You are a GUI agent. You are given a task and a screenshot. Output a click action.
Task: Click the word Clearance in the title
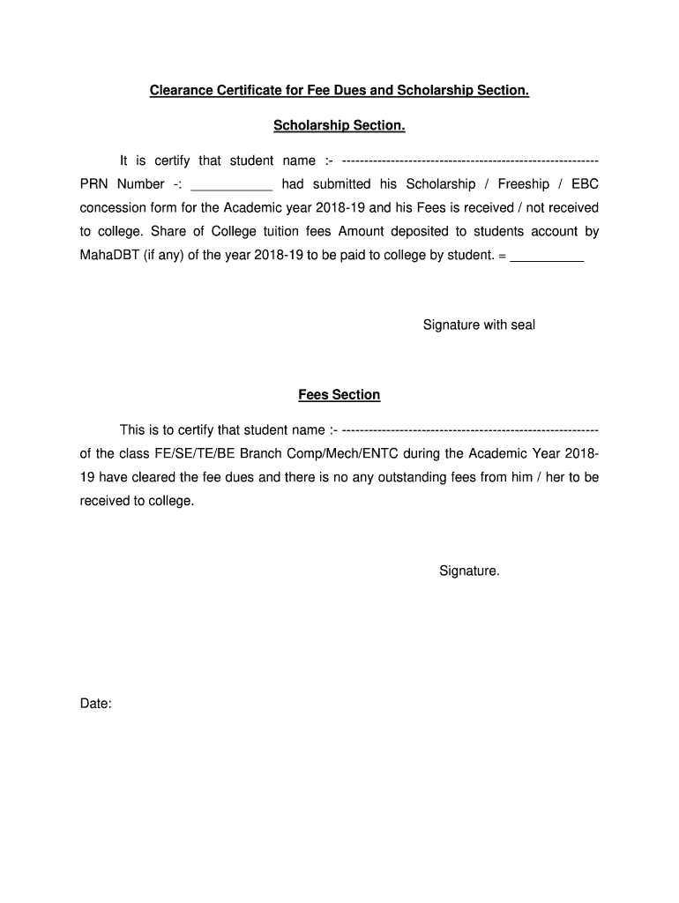tap(182, 90)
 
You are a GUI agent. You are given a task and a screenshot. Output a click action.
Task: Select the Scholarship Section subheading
tap(339, 126)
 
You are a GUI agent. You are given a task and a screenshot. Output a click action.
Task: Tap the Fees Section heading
tap(339, 395)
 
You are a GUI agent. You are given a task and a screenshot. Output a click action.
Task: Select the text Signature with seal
tap(479, 325)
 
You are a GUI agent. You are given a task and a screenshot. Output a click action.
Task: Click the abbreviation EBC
tap(585, 184)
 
